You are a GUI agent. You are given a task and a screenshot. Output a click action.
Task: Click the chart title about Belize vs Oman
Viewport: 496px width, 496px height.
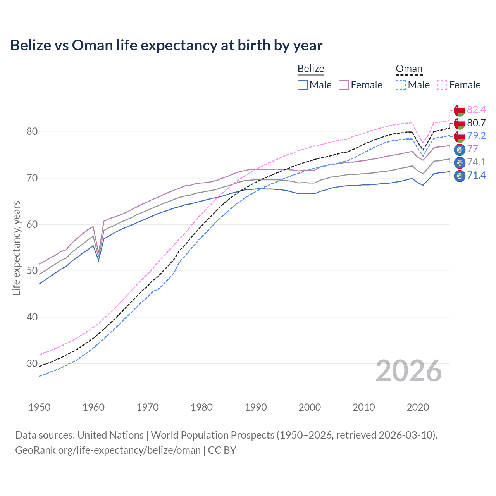pos(166,45)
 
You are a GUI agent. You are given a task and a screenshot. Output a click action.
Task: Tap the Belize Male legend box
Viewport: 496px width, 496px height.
pos(303,85)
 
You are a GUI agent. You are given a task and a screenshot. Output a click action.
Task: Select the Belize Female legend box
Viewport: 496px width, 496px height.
pos(344,85)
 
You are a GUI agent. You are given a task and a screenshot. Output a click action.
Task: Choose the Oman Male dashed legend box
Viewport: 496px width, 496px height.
pos(401,85)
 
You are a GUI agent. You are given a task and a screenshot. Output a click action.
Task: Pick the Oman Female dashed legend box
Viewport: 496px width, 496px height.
pos(442,85)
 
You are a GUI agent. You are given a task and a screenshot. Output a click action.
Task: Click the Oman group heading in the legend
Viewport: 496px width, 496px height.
pos(409,69)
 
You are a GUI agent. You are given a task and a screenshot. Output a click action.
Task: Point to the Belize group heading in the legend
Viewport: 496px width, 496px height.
pos(311,69)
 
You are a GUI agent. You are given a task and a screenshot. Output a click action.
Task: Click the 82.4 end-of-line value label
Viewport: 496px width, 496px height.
pos(476,110)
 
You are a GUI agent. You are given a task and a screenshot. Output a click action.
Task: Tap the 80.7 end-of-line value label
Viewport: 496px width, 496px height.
pos(476,123)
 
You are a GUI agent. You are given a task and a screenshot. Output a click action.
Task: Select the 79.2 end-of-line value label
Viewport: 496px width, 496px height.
pos(476,136)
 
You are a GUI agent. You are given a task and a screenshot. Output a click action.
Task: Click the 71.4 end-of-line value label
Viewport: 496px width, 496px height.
pos(476,176)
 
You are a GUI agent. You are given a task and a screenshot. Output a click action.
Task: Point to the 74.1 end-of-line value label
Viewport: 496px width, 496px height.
pos(476,162)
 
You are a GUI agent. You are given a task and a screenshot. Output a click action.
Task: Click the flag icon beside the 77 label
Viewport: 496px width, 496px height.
pos(460,150)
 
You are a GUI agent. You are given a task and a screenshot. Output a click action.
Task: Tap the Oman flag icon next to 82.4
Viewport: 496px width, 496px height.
pos(460,110)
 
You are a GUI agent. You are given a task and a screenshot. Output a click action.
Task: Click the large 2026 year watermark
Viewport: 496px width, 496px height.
pos(409,371)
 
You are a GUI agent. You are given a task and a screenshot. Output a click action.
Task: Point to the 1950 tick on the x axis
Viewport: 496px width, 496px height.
pos(40,407)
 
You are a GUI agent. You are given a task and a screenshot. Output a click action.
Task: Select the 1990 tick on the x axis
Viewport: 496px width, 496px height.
pos(256,407)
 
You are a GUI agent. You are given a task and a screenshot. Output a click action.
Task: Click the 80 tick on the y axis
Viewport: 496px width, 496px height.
pos(32,132)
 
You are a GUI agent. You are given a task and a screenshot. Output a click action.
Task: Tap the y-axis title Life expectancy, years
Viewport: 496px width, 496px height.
pos(17,248)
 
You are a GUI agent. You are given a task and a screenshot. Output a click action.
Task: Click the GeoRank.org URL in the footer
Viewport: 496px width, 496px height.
pos(108,450)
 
